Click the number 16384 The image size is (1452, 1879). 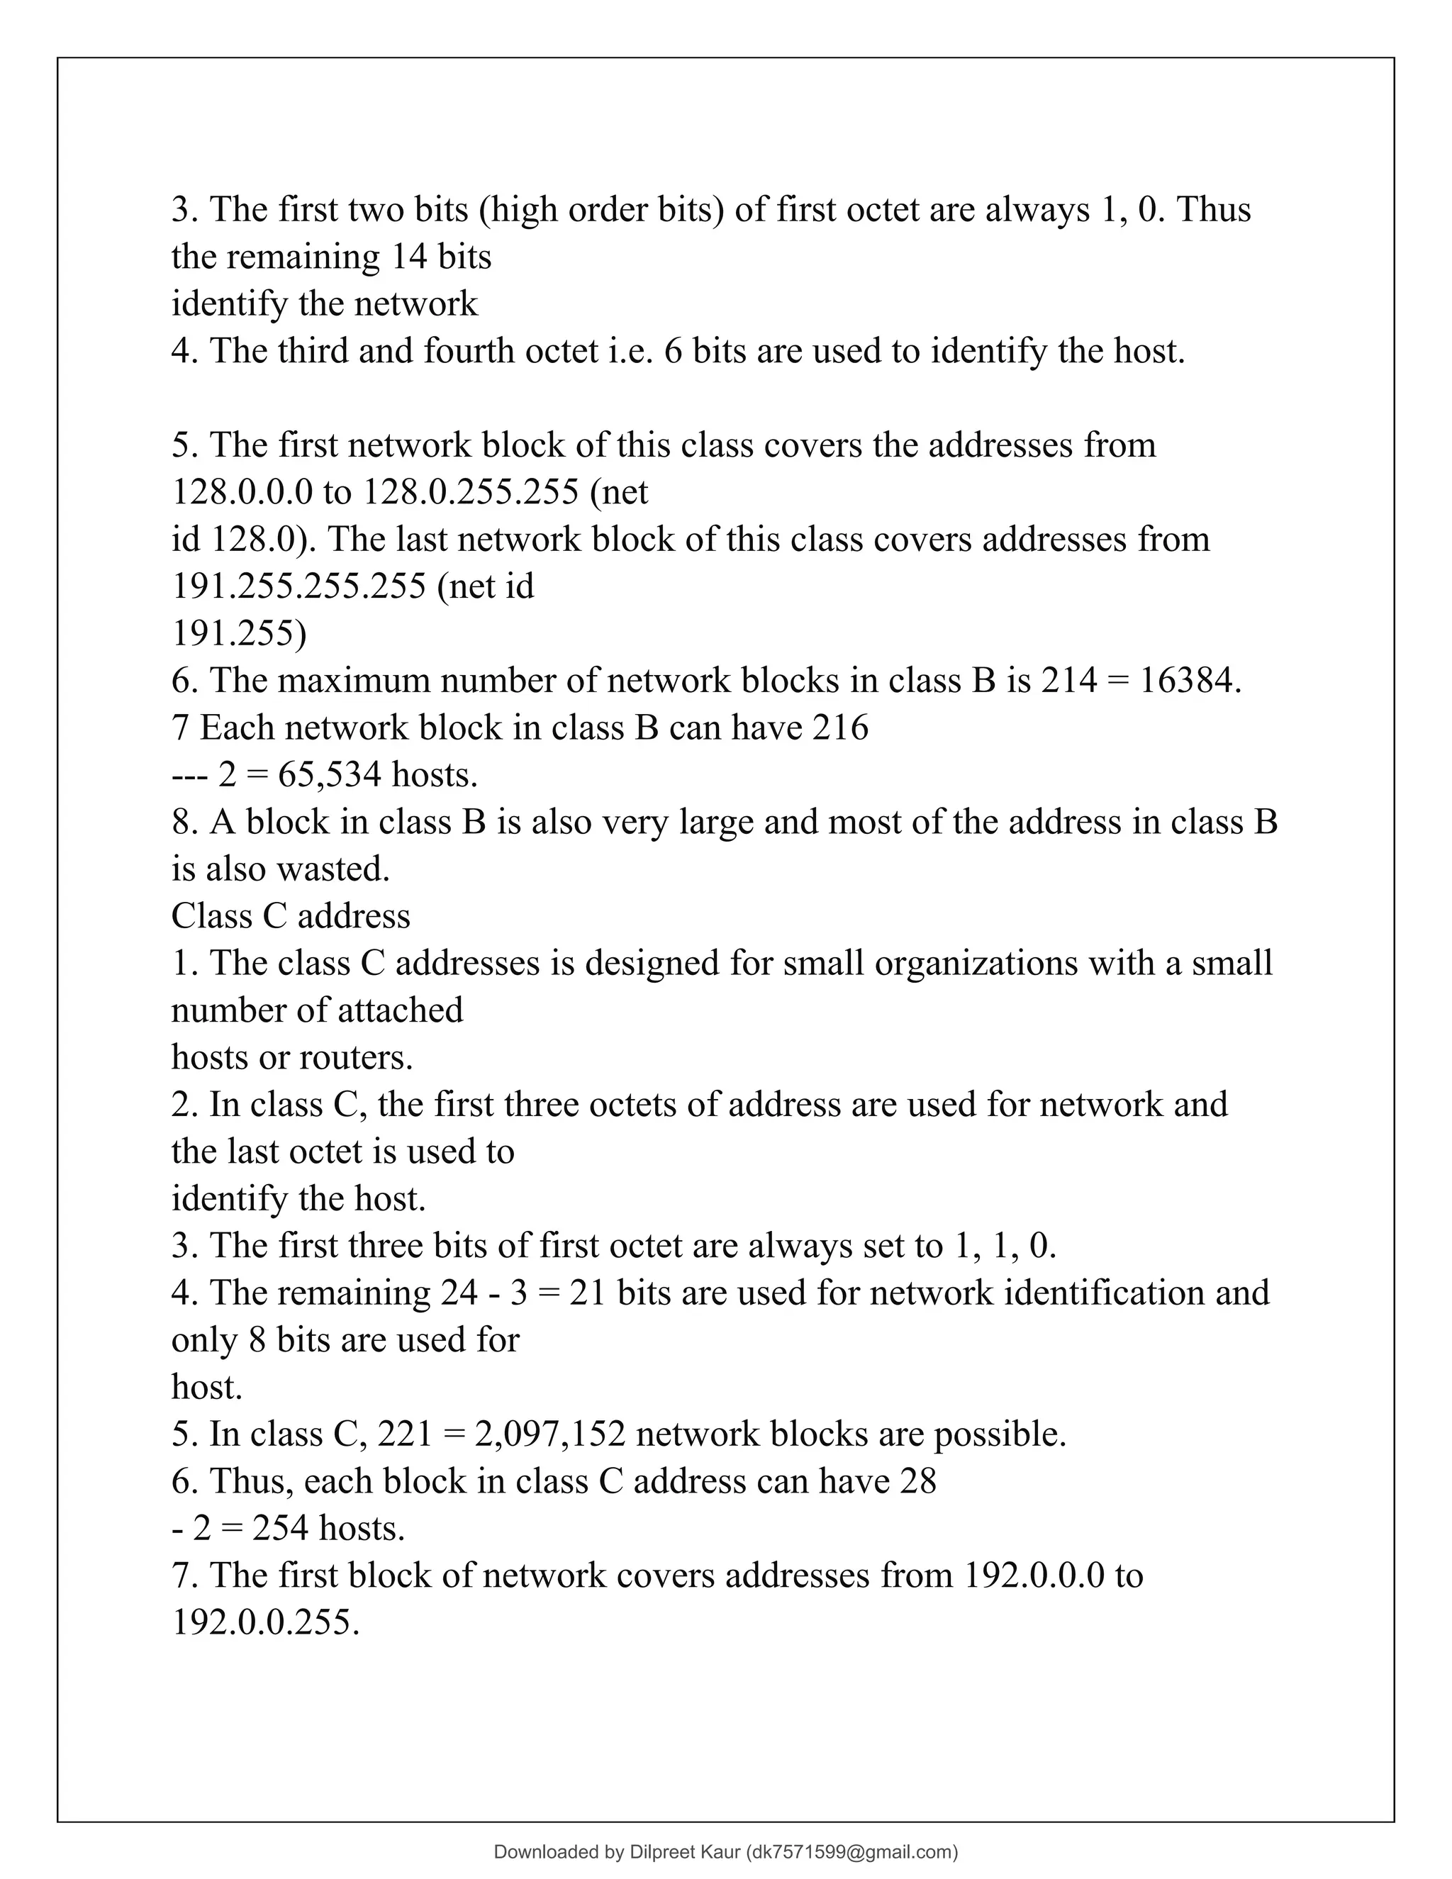point(1190,681)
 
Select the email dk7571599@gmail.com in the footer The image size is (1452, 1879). point(851,1852)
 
